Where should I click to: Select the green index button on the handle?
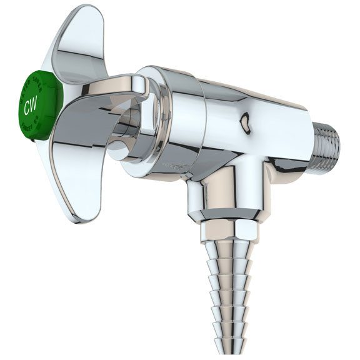(x=39, y=104)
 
